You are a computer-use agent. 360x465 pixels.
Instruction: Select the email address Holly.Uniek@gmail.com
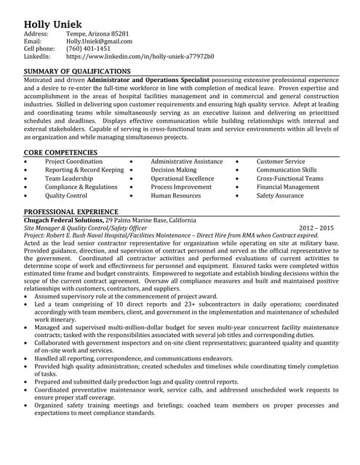click(x=98, y=41)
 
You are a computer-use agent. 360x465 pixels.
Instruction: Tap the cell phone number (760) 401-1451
click(x=89, y=49)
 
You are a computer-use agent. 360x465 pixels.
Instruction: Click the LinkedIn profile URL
click(x=140, y=56)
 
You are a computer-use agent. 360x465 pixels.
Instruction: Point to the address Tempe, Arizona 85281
click(x=97, y=34)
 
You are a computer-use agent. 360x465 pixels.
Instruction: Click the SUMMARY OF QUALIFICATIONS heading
click(x=77, y=71)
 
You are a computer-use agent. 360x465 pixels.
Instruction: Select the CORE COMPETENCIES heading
click(x=61, y=152)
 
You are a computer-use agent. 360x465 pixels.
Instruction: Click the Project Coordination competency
click(x=73, y=161)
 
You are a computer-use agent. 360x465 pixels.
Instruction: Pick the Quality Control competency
click(x=66, y=195)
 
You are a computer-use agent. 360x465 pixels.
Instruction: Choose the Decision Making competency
click(x=173, y=169)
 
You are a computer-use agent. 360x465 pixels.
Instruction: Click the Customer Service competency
click(x=281, y=161)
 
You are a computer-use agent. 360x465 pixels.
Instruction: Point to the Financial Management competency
click(x=288, y=187)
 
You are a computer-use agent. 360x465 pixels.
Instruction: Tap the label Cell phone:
click(x=41, y=49)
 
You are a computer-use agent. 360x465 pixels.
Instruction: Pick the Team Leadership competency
click(x=69, y=178)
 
